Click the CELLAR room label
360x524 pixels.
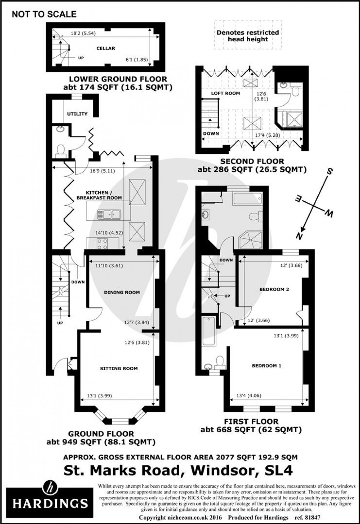(106, 48)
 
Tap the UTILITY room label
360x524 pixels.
(77, 114)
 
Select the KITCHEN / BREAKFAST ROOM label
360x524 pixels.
(99, 195)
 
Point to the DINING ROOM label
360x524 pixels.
(122, 292)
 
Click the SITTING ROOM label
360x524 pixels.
(119, 368)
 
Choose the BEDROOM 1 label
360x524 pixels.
(266, 366)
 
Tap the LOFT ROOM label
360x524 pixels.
(226, 93)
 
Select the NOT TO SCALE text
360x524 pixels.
(44, 14)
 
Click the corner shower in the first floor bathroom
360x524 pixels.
(251, 240)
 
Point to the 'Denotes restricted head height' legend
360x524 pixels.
(248, 36)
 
